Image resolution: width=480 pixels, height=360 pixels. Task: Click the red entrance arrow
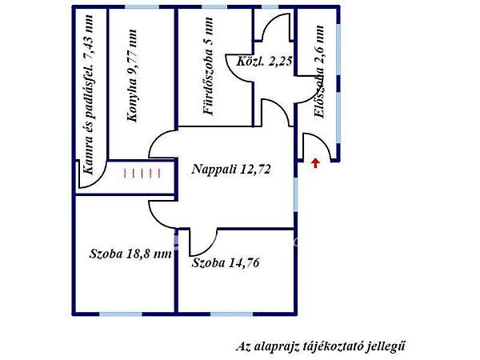[x=316, y=163]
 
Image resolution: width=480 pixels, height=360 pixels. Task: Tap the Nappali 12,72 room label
[x=231, y=170]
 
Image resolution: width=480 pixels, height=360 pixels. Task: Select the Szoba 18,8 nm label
[x=130, y=254]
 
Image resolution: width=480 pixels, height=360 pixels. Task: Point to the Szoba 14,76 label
[x=226, y=263]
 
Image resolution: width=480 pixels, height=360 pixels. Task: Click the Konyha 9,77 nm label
[x=132, y=76]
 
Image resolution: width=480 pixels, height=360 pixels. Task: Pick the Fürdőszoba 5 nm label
[x=208, y=66]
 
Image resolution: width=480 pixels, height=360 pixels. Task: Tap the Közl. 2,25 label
[x=264, y=62]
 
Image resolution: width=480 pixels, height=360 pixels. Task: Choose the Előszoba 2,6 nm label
[x=319, y=72]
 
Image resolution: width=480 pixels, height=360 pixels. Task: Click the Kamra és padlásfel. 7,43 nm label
[x=88, y=94]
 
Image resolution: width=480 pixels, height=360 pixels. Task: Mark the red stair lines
[x=142, y=174]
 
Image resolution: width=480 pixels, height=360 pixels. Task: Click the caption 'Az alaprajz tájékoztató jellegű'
[x=320, y=346]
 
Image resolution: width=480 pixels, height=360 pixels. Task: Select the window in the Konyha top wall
[x=142, y=6]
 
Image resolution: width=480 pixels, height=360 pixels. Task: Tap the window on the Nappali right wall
[x=296, y=194]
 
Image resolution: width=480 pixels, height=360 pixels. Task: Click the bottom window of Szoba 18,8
[x=121, y=314]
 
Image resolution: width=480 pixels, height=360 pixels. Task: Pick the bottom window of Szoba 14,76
[x=232, y=314]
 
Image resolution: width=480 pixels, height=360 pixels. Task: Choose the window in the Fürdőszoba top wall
[x=214, y=6]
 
